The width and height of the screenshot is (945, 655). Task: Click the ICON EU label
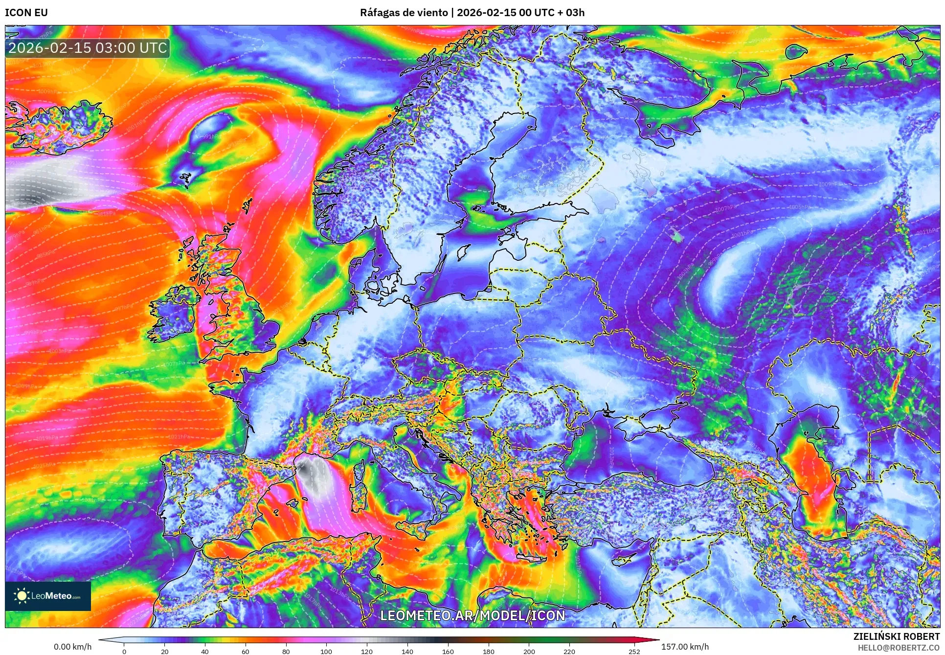click(26, 13)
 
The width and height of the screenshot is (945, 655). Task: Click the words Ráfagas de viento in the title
click(404, 13)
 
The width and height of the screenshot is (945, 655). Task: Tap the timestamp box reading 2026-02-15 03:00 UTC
click(88, 48)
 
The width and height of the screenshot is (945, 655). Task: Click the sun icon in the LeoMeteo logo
click(22, 595)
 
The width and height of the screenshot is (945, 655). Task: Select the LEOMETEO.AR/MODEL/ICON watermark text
click(472, 615)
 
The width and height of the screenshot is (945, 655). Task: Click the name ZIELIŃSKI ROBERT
click(896, 636)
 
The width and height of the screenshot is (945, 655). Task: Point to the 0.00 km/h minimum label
click(72, 647)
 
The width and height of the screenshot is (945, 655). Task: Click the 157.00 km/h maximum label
click(685, 647)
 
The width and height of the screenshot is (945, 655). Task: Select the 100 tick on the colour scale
click(326, 651)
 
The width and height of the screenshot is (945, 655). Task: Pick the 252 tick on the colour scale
click(634, 651)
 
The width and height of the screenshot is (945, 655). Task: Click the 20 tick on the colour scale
click(165, 651)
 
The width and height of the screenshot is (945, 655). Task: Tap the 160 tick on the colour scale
click(448, 651)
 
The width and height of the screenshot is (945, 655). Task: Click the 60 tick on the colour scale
click(246, 651)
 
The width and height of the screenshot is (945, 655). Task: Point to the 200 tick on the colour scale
click(529, 651)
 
